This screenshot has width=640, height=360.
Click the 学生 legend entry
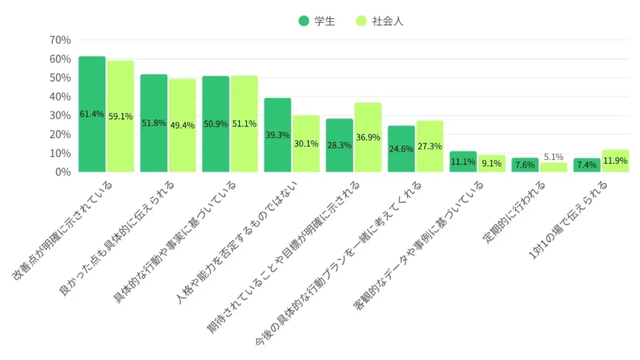click(x=317, y=21)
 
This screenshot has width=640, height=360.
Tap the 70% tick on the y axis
click(x=60, y=40)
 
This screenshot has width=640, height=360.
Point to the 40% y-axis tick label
click(x=60, y=96)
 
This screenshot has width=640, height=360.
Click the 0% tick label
click(x=63, y=172)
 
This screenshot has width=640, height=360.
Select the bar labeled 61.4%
click(x=92, y=114)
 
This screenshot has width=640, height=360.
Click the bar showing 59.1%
click(x=121, y=116)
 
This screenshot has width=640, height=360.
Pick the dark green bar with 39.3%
click(x=277, y=134)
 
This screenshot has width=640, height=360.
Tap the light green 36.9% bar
click(x=367, y=137)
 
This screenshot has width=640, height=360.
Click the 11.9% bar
click(x=615, y=161)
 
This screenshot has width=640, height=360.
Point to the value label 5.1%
click(x=553, y=157)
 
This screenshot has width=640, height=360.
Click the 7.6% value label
click(x=525, y=165)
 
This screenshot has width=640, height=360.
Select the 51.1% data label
click(x=244, y=124)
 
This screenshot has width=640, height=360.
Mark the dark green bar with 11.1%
click(x=463, y=162)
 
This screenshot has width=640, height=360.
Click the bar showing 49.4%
click(x=182, y=125)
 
